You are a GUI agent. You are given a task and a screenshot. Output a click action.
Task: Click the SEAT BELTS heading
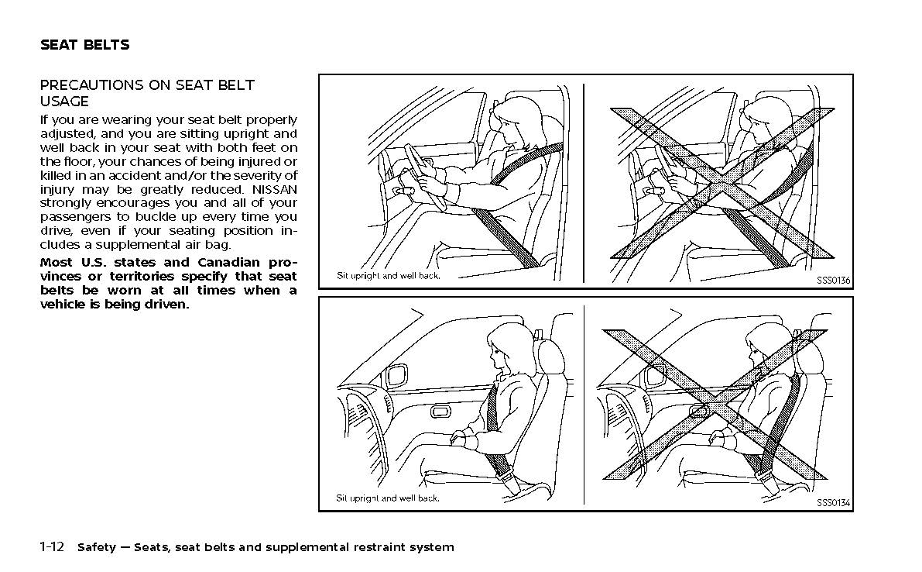(84, 45)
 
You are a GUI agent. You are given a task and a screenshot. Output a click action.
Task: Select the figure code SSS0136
(833, 280)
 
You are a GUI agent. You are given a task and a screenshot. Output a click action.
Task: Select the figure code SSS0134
(833, 503)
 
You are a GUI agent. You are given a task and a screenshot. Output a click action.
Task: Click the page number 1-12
(52, 547)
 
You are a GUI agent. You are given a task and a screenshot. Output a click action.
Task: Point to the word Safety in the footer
(96, 547)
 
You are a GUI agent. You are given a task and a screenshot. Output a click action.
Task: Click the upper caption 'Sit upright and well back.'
(388, 276)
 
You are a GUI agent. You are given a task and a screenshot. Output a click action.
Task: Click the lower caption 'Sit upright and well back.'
(388, 498)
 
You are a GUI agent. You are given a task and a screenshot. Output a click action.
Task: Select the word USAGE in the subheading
(64, 102)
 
